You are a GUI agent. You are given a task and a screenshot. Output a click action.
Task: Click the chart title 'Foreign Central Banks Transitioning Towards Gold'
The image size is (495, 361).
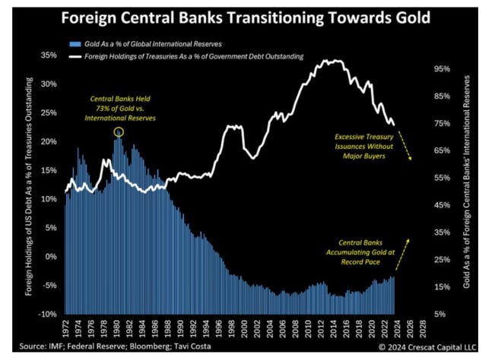pos(247,17)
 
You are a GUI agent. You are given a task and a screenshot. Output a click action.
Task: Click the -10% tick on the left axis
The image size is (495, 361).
pos(47,314)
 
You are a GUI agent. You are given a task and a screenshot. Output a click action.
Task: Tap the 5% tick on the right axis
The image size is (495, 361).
pos(442,314)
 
